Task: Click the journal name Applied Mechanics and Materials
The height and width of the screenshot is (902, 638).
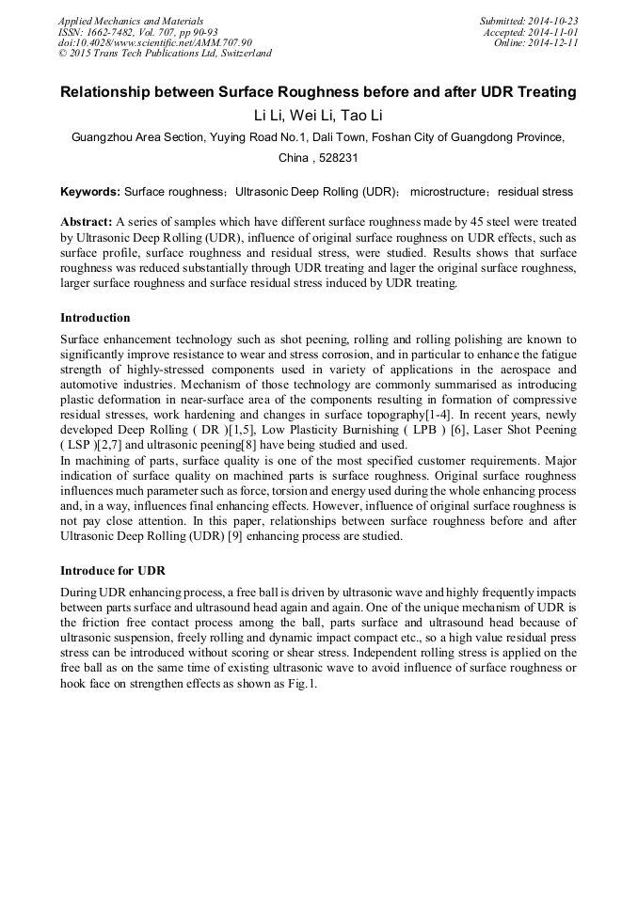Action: pos(131,21)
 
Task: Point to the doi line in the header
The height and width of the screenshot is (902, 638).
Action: pos(155,42)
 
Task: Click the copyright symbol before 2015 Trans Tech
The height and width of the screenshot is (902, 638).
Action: pos(63,54)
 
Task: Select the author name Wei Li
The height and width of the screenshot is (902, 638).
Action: pos(318,116)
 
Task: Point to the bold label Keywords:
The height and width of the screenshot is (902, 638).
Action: pos(90,192)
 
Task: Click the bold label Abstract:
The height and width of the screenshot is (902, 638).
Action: pos(86,223)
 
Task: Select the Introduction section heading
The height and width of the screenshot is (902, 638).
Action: pos(95,318)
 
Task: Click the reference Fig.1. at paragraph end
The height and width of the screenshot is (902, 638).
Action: pos(301,684)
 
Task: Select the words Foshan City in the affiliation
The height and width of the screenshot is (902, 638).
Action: pos(404,137)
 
